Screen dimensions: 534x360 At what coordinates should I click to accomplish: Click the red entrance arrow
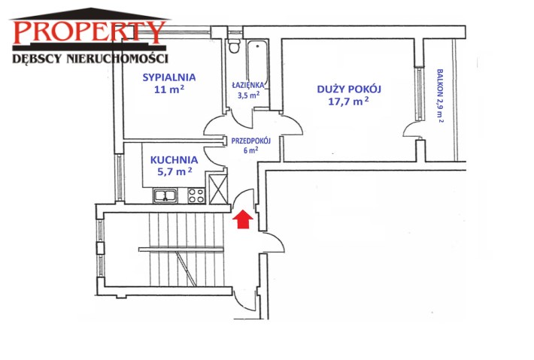click(x=243, y=219)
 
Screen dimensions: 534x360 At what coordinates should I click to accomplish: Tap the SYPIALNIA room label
click(x=169, y=77)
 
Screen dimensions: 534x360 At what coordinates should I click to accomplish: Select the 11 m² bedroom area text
click(x=169, y=89)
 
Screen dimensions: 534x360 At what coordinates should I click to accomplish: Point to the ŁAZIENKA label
click(x=248, y=85)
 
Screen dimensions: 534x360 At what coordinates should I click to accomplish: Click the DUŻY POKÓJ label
click(x=349, y=89)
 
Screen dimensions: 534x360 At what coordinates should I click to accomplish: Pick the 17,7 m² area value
click(x=348, y=101)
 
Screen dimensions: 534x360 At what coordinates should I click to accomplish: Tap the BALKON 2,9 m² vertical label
click(x=440, y=95)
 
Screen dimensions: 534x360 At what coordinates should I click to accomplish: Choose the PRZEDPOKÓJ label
click(x=251, y=141)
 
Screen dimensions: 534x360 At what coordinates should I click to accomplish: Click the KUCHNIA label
click(x=174, y=160)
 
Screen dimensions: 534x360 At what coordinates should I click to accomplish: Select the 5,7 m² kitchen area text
click(x=174, y=171)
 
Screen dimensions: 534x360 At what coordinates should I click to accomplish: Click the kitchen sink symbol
click(x=165, y=195)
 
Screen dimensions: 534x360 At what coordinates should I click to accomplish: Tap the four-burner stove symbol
click(x=196, y=195)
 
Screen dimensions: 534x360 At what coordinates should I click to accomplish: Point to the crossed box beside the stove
click(x=218, y=189)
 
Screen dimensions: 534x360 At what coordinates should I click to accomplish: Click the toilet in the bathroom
click(x=234, y=46)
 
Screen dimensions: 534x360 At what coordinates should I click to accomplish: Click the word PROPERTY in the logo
click(x=89, y=32)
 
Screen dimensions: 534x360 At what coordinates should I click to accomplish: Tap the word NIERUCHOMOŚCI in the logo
click(x=117, y=58)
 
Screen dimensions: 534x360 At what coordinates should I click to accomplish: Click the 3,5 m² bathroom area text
click(x=249, y=95)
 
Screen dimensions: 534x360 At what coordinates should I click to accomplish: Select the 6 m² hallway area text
click(x=251, y=150)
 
